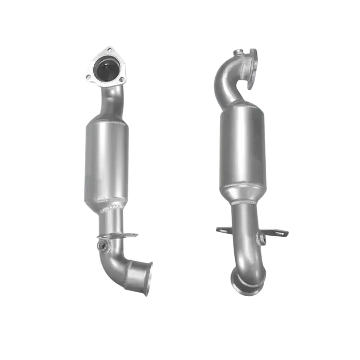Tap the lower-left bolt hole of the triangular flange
pos(89,77)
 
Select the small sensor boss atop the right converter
pos(236,52)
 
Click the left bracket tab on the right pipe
pos(226,229)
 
